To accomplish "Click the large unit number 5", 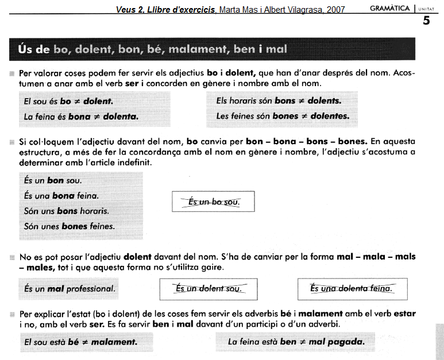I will click(426, 21).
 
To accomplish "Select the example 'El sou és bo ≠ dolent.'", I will click(68, 101).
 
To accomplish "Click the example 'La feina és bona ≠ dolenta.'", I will click(81, 117).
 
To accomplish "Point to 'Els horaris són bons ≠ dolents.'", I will click(279, 101).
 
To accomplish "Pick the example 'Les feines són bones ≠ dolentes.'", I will click(283, 117).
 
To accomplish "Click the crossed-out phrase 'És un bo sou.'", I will click(213, 202).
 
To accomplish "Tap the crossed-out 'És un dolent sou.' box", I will click(208, 289).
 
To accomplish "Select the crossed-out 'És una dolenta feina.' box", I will click(352, 289).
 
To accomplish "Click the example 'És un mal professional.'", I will click(70, 289).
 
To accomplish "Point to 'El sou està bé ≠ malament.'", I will click(80, 342).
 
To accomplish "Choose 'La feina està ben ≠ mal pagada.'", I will click(296, 342).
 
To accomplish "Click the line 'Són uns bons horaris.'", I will click(67, 211).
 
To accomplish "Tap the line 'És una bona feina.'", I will click(57, 196).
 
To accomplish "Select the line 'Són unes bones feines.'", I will click(70, 226).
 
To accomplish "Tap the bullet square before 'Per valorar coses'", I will click(12, 74).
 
